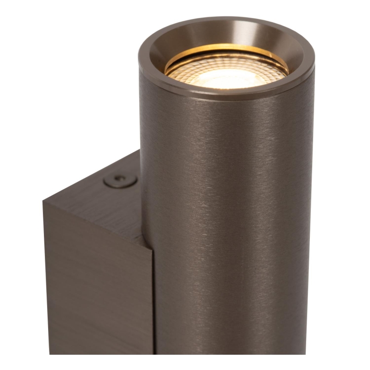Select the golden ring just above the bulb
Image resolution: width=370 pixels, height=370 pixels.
(x=227, y=49)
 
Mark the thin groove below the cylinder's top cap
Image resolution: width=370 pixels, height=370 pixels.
(x=227, y=98)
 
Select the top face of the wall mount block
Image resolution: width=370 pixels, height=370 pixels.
(x=102, y=194)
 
